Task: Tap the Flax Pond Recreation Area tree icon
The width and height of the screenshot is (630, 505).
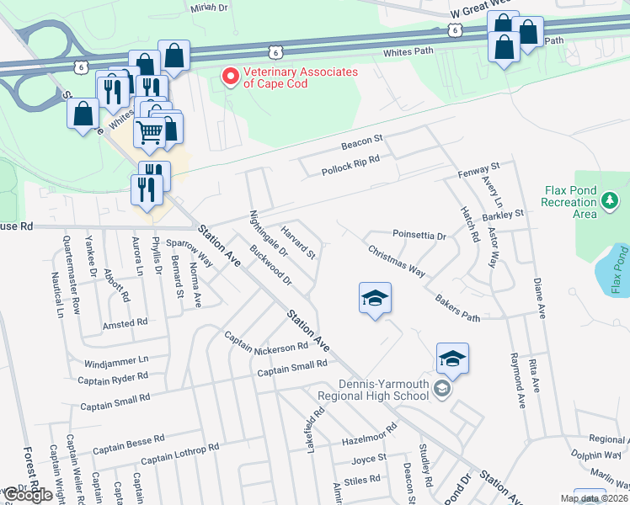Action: click(x=609, y=200)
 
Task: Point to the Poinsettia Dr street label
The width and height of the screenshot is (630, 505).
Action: click(x=419, y=235)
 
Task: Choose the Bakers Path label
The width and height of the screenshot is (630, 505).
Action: click(x=457, y=308)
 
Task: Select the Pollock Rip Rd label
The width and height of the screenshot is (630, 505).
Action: click(x=350, y=165)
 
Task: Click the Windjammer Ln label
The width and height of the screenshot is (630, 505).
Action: click(x=116, y=362)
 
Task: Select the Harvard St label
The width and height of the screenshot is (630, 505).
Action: click(x=298, y=242)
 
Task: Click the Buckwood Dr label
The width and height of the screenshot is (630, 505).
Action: click(x=270, y=264)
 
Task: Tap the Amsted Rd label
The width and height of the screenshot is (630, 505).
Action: click(x=125, y=322)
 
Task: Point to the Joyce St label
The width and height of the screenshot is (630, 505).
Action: click(x=369, y=459)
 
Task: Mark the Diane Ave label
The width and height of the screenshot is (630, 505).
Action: click(x=539, y=299)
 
